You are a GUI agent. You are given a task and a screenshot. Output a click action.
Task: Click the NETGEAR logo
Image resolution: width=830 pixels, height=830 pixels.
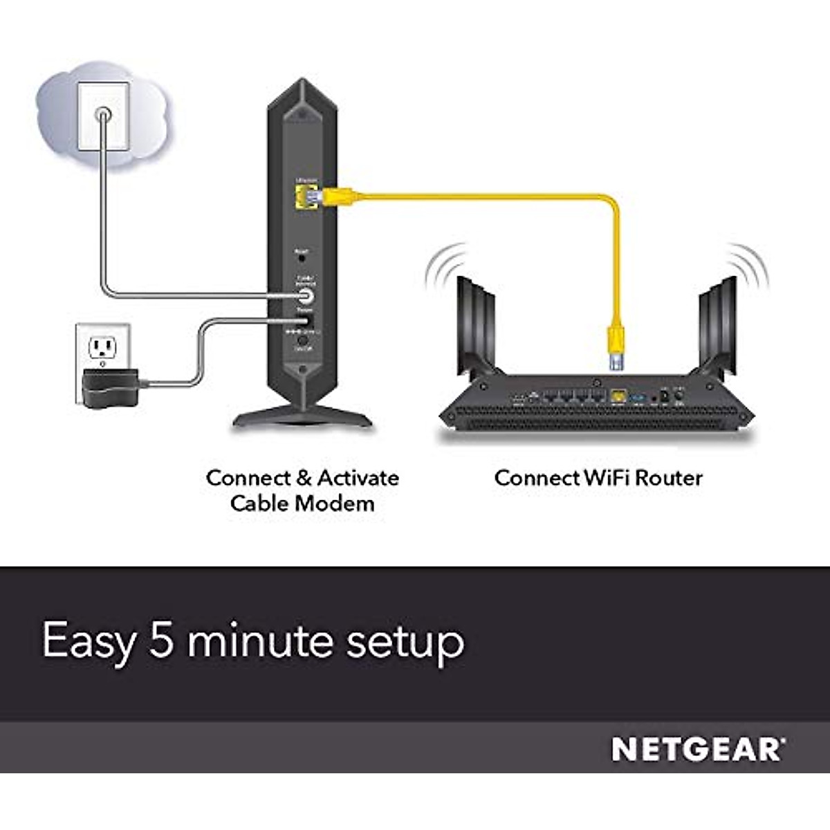pyautogui.click(x=698, y=750)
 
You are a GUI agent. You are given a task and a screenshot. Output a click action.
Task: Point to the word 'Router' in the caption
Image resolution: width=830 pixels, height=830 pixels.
pyautogui.click(x=669, y=478)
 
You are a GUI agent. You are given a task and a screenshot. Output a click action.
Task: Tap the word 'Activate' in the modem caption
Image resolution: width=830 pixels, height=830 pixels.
pyautogui.click(x=358, y=478)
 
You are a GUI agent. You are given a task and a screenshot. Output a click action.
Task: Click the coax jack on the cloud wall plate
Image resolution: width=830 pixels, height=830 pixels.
pyautogui.click(x=103, y=113)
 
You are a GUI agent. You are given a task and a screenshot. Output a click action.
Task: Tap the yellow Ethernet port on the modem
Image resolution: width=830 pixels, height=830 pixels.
pyautogui.click(x=304, y=196)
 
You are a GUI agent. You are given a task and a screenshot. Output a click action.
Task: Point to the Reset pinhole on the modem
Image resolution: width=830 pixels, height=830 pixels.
pyautogui.click(x=302, y=257)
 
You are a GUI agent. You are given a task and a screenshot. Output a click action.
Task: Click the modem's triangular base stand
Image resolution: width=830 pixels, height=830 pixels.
pyautogui.click(x=302, y=416)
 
